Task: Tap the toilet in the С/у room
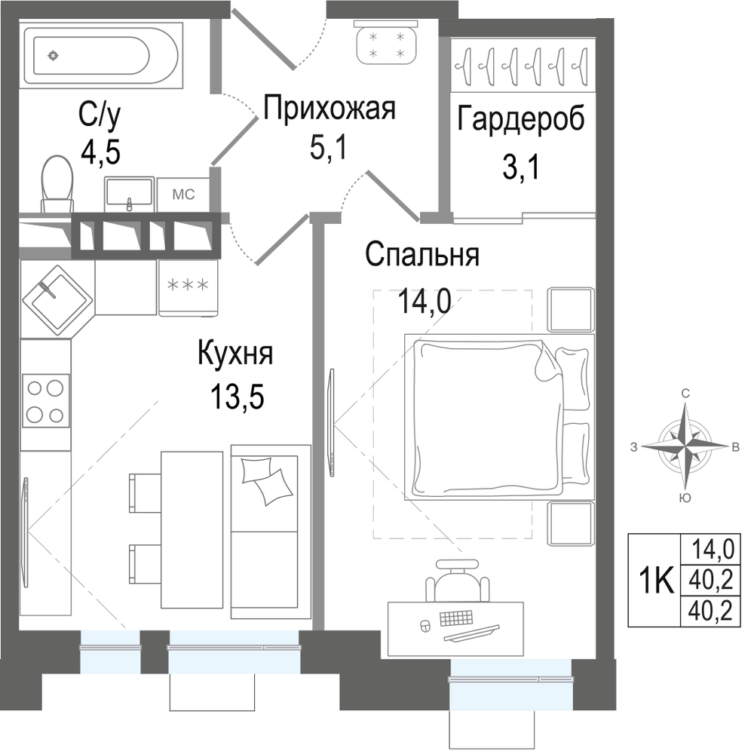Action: [x=57, y=184]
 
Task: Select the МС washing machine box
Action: [x=183, y=195]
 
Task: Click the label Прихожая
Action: [x=329, y=108]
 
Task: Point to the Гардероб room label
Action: [x=521, y=118]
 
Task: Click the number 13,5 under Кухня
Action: [x=237, y=397]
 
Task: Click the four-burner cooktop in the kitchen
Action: [x=46, y=401]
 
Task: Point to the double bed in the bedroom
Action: [x=500, y=417]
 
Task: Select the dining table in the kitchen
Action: [x=192, y=530]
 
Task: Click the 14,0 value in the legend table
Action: [x=713, y=549]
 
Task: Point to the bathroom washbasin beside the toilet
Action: [x=130, y=195]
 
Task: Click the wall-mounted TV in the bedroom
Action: [x=331, y=423]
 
